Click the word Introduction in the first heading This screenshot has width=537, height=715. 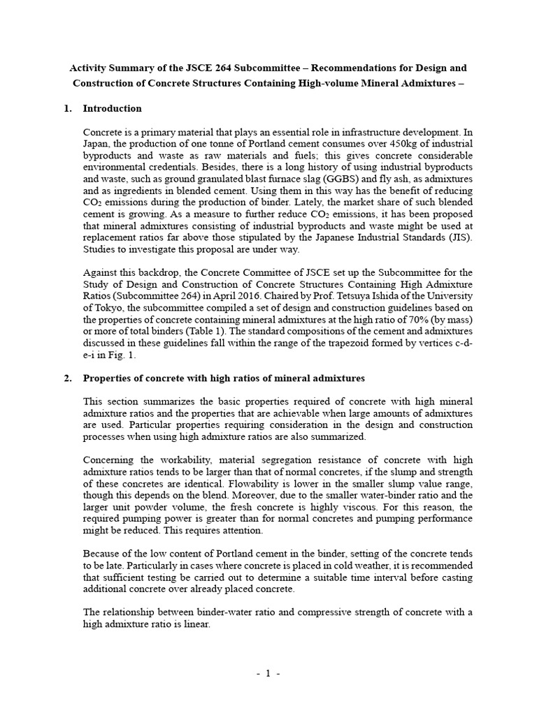112,108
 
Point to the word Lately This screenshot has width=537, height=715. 324,202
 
